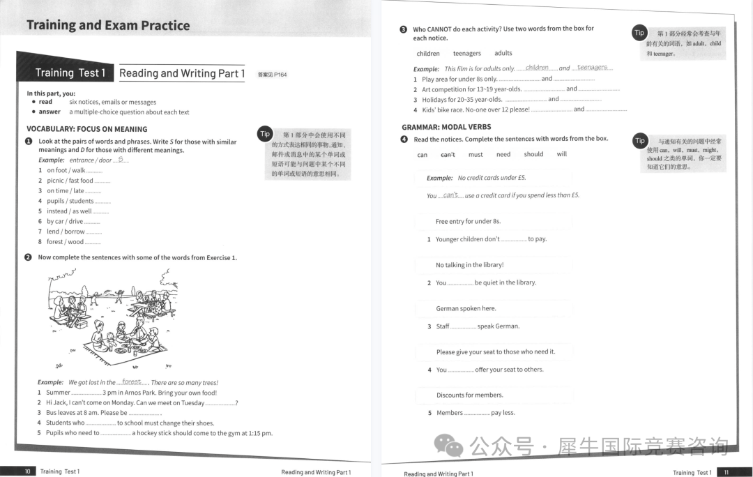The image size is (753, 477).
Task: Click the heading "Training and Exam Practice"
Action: coord(108,26)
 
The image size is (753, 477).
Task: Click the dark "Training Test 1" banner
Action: coord(70,73)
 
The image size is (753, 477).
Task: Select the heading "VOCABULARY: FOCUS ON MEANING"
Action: coord(87,129)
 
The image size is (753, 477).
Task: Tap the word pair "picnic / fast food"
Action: coord(70,181)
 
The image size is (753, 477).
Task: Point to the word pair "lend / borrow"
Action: coord(66,232)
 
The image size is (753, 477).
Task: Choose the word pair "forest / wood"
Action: coord(65,242)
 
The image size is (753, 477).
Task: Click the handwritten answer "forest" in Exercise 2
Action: coord(131,381)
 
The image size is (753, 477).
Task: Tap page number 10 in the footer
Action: coord(27,471)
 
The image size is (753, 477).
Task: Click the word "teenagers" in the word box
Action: coord(467,53)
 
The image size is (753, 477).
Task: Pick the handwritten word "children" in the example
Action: coord(537,68)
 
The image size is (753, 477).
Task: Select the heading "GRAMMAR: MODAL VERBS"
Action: coord(446,127)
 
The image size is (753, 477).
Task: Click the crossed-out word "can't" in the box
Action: coord(448,154)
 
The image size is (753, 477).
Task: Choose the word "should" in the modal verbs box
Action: coord(533,154)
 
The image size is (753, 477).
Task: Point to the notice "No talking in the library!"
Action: coord(469,265)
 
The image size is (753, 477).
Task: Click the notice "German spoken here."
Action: coord(466,308)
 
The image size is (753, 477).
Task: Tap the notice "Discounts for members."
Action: coord(469,395)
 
